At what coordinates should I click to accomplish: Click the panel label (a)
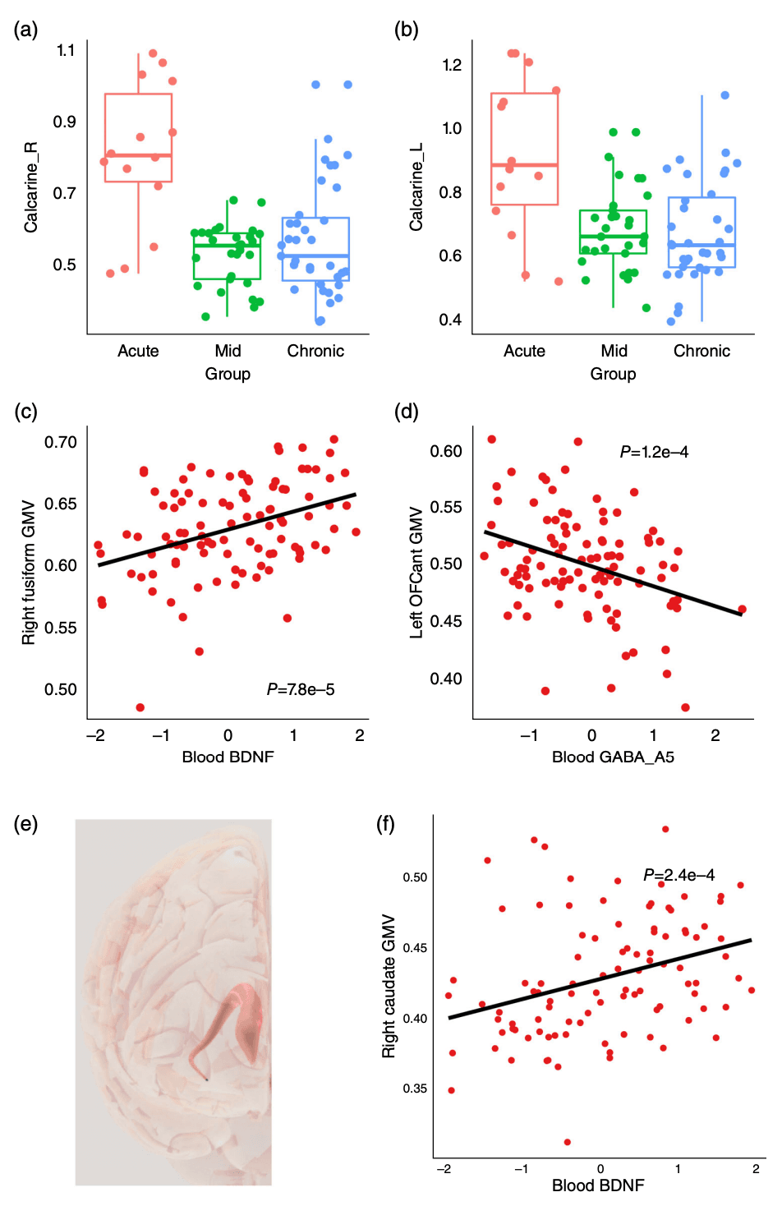coord(25,30)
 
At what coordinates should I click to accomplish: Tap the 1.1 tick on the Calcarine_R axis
coord(66,51)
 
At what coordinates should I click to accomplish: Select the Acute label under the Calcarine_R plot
coord(138,351)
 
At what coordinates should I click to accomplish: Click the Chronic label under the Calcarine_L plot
coord(701,351)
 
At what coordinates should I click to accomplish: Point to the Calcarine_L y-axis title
coord(416,186)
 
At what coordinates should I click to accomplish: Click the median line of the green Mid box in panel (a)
coord(227,245)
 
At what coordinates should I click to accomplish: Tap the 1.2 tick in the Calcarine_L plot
coord(452,66)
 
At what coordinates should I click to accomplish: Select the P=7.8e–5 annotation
coord(301,689)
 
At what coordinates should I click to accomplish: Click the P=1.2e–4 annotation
coord(654,452)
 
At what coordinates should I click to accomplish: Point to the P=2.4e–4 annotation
coord(678,875)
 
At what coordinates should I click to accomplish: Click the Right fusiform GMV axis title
coord(29,572)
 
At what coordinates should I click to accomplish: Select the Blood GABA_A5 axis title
coord(613,757)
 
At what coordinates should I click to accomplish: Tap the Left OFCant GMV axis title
coord(416,572)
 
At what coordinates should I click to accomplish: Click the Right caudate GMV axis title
coord(389,986)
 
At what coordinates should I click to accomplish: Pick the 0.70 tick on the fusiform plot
coord(61,442)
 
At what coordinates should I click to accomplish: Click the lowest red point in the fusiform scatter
coord(140,707)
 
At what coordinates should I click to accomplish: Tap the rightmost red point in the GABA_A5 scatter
coord(742,610)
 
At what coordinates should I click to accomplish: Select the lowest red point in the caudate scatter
coord(568,1142)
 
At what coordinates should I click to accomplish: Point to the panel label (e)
coord(25,824)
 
